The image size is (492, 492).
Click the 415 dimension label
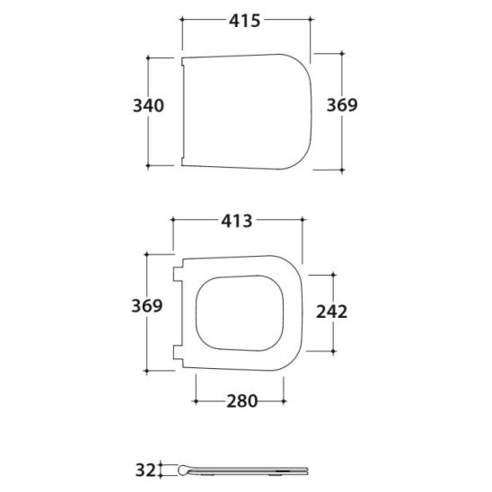click(x=244, y=21)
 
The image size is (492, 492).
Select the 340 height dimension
click(x=148, y=105)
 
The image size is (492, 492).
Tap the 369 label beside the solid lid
click(x=342, y=105)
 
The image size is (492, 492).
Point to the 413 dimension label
click(x=237, y=221)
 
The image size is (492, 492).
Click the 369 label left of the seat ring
click(x=147, y=305)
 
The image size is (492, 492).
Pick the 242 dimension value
click(x=331, y=312)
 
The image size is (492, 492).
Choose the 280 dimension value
click(x=242, y=401)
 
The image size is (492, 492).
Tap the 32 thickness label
click(x=145, y=470)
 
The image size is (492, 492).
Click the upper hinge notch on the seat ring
click(x=178, y=274)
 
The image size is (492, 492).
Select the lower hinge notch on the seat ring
click(x=178, y=352)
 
